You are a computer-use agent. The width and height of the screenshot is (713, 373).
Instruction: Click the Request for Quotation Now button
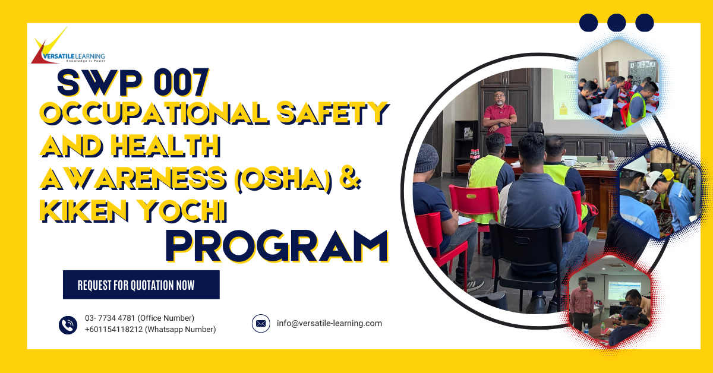[141, 285]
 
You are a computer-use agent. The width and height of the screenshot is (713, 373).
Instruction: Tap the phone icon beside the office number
[68, 325]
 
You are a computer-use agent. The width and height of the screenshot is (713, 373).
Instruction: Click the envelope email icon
[261, 323]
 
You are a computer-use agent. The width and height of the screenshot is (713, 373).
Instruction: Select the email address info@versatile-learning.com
[329, 323]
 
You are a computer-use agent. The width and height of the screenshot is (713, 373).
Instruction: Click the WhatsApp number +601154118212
[113, 330]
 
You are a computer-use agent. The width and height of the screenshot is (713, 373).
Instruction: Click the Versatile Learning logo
[68, 46]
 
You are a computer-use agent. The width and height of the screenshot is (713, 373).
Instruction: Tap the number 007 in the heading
[181, 83]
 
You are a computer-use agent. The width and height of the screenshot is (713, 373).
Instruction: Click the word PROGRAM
[277, 246]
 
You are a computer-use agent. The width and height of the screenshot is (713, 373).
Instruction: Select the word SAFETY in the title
[333, 113]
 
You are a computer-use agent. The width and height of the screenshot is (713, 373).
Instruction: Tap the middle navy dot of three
[617, 23]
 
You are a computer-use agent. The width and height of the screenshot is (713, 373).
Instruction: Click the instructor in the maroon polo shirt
[499, 118]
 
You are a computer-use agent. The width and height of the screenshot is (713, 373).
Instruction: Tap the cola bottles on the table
[475, 156]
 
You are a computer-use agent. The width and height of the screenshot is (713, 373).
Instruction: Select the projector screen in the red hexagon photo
[624, 290]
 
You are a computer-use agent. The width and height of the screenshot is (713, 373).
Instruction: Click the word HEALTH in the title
[166, 146]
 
